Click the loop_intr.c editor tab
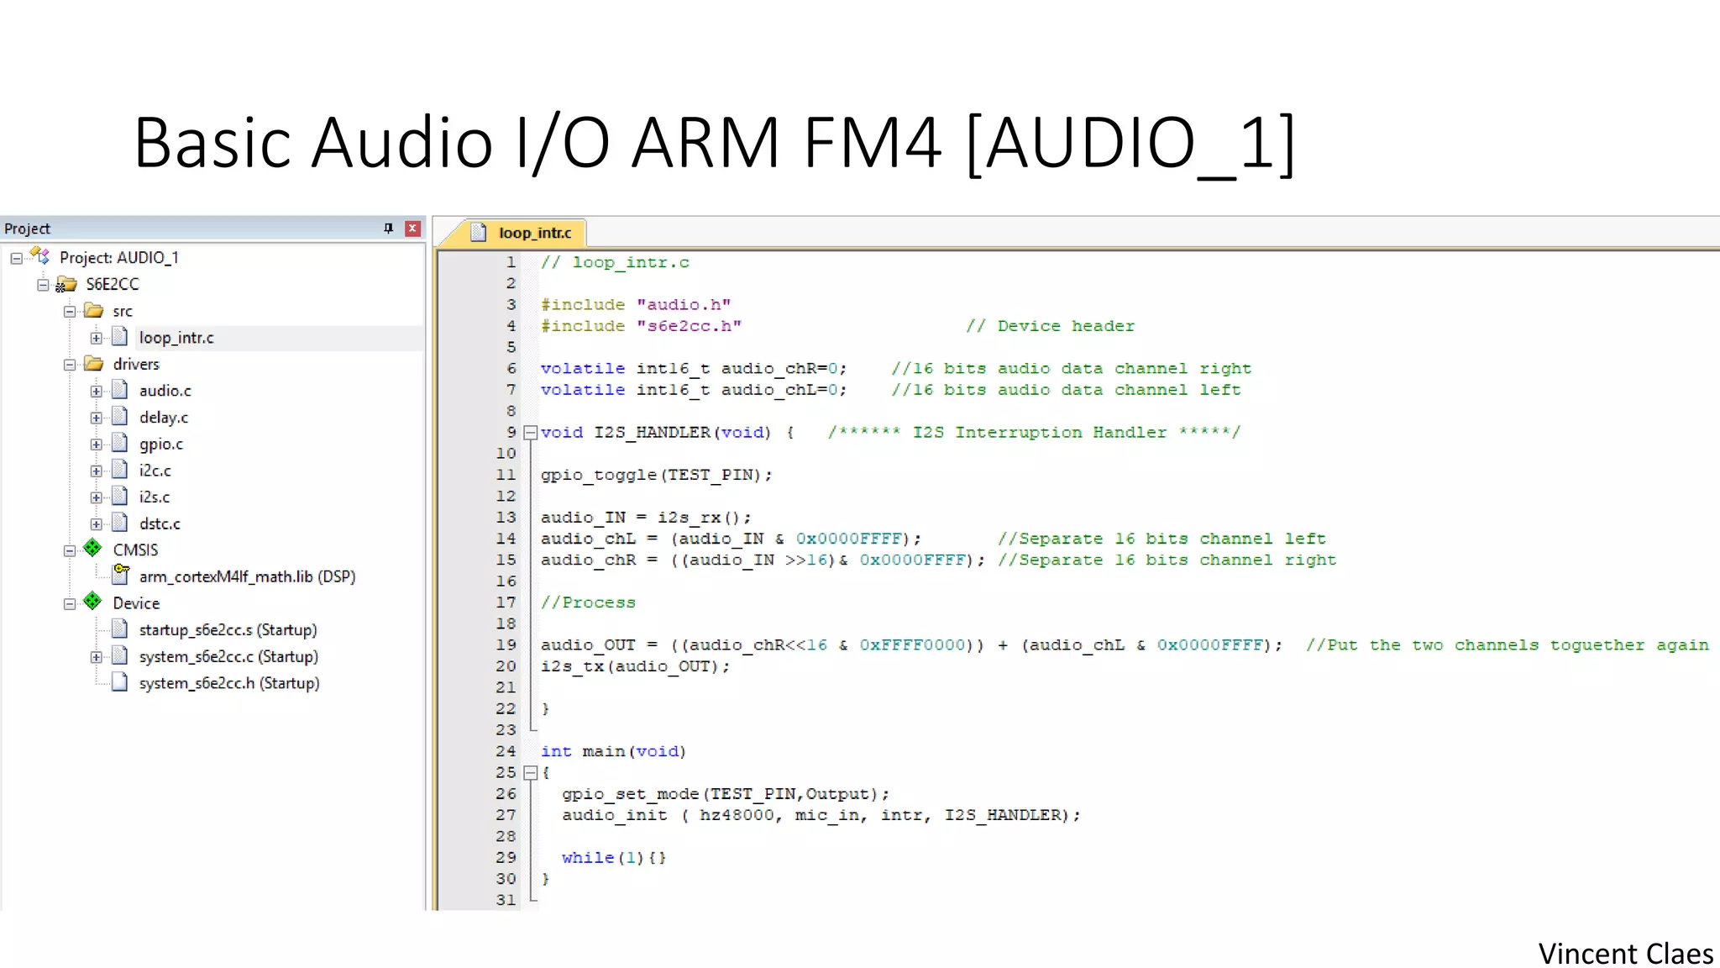534,233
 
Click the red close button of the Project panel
412,229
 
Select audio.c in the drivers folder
165,391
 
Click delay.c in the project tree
163,418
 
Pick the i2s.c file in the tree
155,497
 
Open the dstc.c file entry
160,524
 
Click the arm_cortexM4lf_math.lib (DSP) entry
247,577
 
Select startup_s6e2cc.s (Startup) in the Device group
228,630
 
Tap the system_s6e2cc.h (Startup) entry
229,683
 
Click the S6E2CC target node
113,284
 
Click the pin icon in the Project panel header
388,229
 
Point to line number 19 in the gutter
506,645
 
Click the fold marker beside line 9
530,433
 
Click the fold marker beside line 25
530,773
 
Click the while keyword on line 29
588,858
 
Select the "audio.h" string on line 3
684,305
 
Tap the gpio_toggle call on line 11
598,475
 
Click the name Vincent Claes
1625,954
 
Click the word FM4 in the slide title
871,143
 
